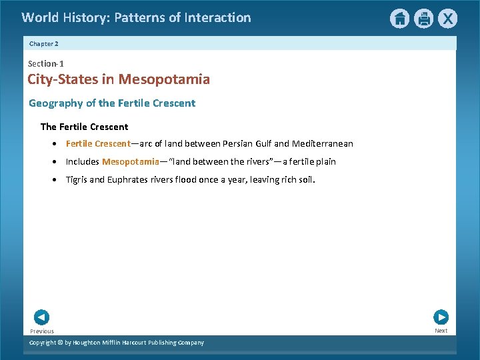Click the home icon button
[x=399, y=19]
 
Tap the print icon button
[x=423, y=19]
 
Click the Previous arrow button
[x=41, y=317]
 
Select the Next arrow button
[x=441, y=317]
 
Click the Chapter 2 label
[x=44, y=43]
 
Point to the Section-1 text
[x=46, y=63]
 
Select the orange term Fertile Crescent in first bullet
[x=98, y=144]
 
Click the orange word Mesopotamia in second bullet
[x=131, y=162]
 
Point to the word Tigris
[x=77, y=180]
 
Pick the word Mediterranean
[x=323, y=144]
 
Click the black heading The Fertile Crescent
[x=84, y=127]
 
